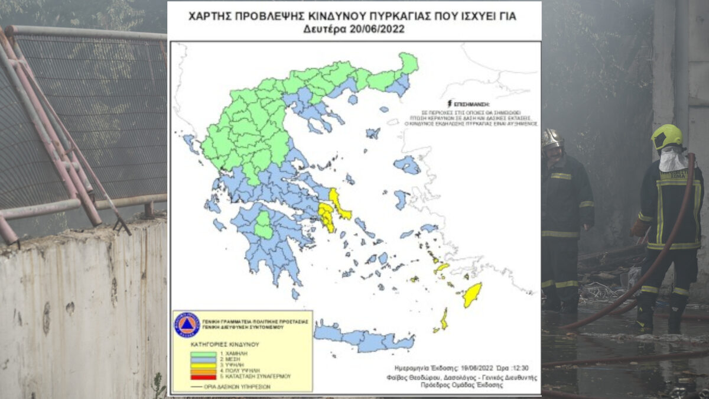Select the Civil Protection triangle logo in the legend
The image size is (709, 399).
tap(187, 325)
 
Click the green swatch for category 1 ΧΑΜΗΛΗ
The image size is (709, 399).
tap(202, 354)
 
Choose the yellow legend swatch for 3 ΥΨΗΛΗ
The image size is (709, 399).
tap(202, 365)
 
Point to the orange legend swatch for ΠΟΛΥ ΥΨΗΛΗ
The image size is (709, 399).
tap(202, 371)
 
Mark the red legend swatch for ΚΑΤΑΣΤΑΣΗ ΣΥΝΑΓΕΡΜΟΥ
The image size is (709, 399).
tap(202, 377)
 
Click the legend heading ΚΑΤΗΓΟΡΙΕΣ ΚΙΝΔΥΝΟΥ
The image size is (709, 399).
tap(225, 344)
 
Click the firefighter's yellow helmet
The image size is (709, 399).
tap(666, 136)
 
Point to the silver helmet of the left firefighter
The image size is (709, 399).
tap(552, 138)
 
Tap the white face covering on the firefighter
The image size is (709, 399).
tap(672, 160)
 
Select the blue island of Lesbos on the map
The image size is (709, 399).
tap(406, 165)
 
